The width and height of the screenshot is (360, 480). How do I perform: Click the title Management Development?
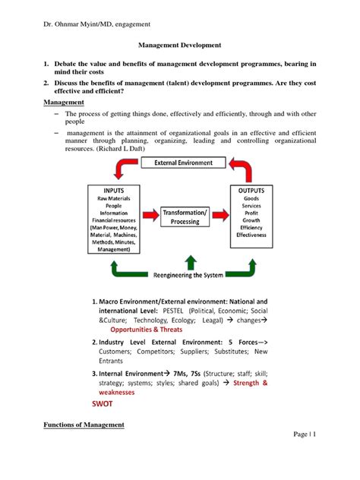[179, 46]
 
